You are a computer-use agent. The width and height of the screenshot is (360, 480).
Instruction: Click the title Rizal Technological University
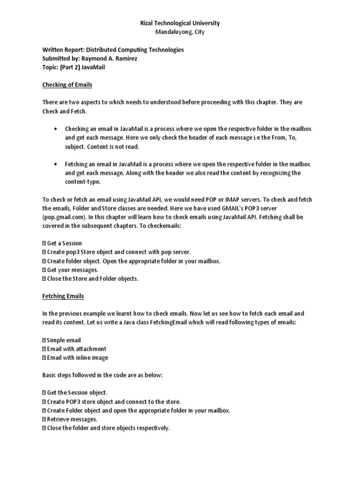click(x=180, y=23)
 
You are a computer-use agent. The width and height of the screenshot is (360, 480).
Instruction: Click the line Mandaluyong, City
click(x=180, y=32)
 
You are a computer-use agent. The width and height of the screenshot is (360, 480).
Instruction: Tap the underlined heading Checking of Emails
click(x=67, y=85)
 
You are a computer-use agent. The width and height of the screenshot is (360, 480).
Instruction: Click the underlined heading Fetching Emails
click(x=63, y=296)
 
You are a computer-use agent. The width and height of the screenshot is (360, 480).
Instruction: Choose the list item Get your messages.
click(x=73, y=270)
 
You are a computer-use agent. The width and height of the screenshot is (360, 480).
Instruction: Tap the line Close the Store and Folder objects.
click(x=93, y=278)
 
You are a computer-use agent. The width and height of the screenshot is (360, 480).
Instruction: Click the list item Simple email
click(x=64, y=340)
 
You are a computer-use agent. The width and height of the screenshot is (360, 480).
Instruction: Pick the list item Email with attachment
click(x=76, y=349)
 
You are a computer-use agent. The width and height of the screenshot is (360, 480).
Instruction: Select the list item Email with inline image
click(x=77, y=358)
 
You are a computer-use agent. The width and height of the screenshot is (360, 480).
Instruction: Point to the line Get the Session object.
click(x=77, y=392)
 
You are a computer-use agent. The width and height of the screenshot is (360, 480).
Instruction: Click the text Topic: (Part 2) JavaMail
click(x=74, y=67)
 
